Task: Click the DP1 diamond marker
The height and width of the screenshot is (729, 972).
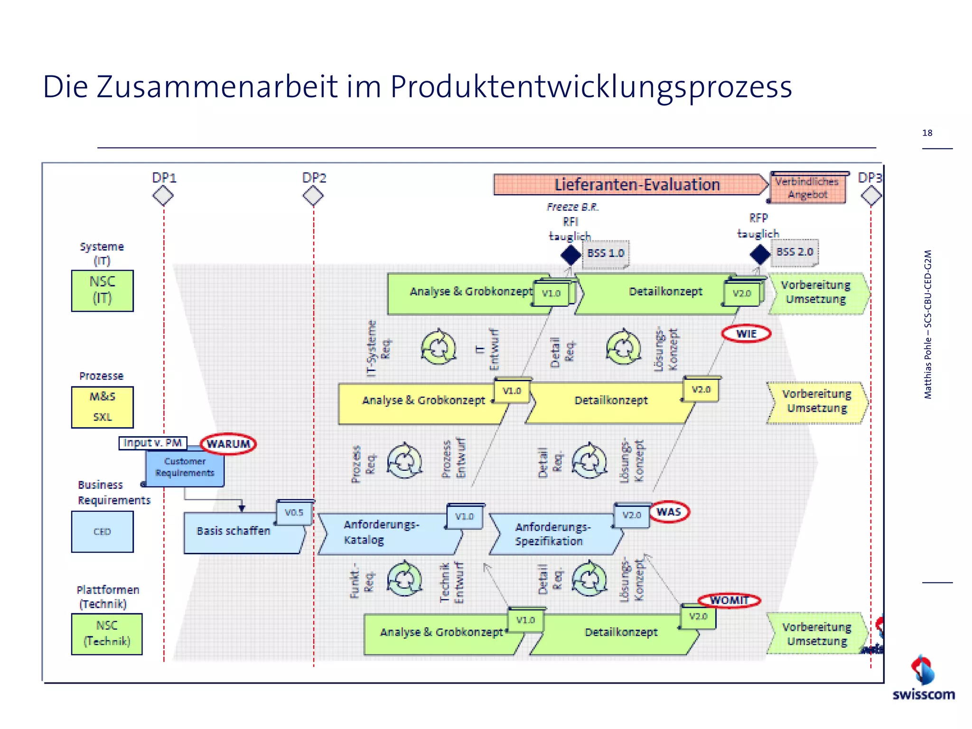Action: tap(163, 196)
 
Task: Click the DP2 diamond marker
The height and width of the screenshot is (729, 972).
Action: tap(313, 196)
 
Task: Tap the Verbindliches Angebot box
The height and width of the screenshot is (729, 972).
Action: tap(808, 188)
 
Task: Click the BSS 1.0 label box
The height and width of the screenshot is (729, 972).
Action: tap(606, 253)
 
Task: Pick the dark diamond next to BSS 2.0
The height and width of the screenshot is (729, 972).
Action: tap(760, 254)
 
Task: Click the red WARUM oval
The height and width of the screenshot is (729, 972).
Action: tap(228, 444)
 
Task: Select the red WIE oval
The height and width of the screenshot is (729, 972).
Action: tap(746, 334)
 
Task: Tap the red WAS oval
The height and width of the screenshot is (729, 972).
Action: tap(669, 512)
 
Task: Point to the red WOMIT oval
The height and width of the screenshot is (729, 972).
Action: tap(729, 600)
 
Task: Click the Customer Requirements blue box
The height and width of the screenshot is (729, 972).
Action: tap(185, 467)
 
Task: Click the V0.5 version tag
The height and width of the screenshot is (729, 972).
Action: tap(294, 513)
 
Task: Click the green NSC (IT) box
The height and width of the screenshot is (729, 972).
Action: tap(103, 290)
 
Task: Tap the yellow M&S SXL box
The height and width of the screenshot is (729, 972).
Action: tap(103, 407)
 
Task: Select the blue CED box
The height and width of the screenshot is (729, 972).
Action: tap(103, 532)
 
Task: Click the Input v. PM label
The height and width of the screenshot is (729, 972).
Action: tap(153, 443)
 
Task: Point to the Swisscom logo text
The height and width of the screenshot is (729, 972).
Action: tap(923, 695)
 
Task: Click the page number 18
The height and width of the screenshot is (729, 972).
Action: tap(927, 133)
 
